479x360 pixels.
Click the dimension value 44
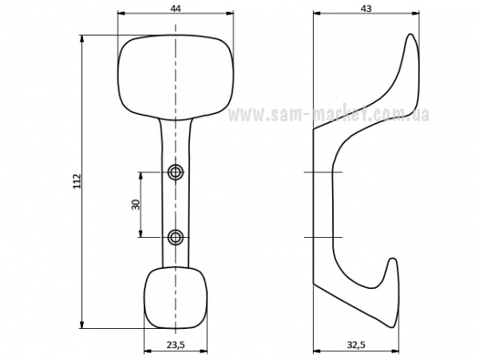(176, 9)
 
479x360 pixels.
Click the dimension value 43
(366, 9)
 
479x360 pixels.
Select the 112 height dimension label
(77, 181)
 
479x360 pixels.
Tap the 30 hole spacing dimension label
(136, 204)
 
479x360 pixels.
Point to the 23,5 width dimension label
(176, 345)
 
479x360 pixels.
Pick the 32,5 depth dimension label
(356, 345)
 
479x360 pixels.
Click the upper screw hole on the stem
(176, 172)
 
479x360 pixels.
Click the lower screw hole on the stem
(176, 237)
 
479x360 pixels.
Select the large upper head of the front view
(176, 77)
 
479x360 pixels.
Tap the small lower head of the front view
(176, 298)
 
